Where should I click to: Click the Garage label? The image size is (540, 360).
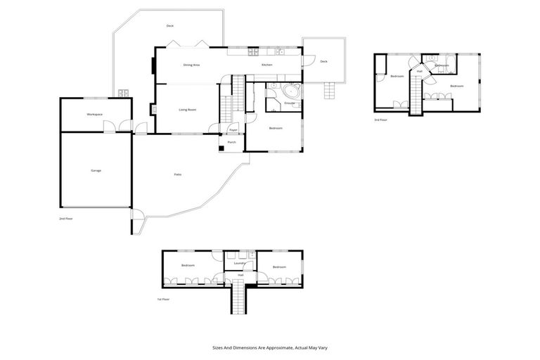pyautogui.click(x=96, y=171)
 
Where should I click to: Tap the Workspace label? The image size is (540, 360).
pyautogui.click(x=95, y=114)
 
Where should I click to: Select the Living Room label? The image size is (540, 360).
pyautogui.click(x=187, y=110)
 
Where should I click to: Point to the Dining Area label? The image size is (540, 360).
pyautogui.click(x=192, y=65)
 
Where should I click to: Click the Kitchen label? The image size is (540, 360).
pyautogui.click(x=267, y=65)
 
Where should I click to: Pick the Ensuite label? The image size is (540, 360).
pyautogui.click(x=289, y=103)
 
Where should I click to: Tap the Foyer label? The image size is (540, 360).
pyautogui.click(x=233, y=130)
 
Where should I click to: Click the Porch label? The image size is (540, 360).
pyautogui.click(x=231, y=142)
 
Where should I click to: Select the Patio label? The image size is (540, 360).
pyautogui.click(x=179, y=174)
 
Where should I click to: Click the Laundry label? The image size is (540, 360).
pyautogui.click(x=238, y=263)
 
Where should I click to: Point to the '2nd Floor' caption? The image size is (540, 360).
pyautogui.click(x=66, y=219)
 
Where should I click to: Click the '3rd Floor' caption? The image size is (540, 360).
pyautogui.click(x=381, y=120)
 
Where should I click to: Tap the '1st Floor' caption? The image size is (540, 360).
pyautogui.click(x=164, y=299)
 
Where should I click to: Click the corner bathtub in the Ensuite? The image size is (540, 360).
pyautogui.click(x=291, y=92)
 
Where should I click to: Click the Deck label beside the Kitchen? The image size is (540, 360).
pyautogui.click(x=323, y=61)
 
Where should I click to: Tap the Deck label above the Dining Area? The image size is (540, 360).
pyautogui.click(x=170, y=26)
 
